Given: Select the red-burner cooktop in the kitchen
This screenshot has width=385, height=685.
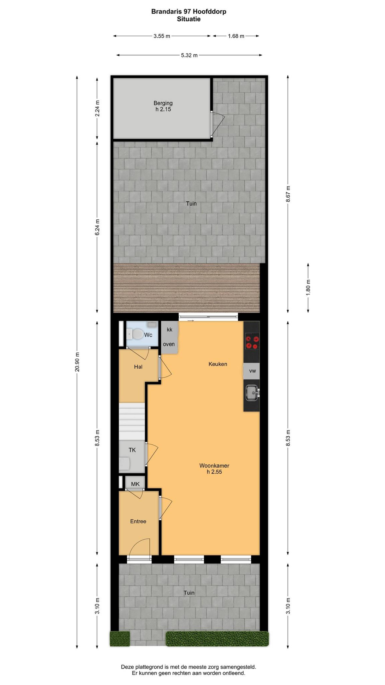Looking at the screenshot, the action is (252, 342).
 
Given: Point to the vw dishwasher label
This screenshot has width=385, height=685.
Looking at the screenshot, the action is (252, 371).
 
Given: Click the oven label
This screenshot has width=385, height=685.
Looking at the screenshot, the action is (169, 344).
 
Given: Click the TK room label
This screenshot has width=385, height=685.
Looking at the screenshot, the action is (132, 450).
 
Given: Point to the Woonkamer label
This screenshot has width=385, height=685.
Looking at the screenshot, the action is (214, 466).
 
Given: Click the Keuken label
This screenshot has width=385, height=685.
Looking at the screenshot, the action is (218, 364).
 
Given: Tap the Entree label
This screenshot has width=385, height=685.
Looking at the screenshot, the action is (138, 521).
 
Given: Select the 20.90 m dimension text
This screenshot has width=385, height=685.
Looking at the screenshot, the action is (77, 362).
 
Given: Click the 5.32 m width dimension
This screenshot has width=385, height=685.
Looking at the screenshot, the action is (189, 55).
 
